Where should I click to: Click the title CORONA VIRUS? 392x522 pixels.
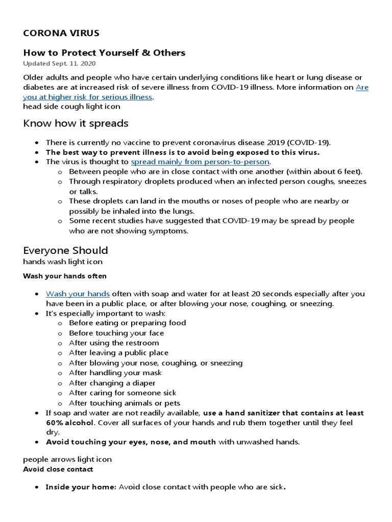pos(61,34)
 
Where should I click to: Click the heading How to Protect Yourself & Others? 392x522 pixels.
pos(104,53)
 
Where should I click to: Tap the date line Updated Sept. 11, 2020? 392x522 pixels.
pos(59,64)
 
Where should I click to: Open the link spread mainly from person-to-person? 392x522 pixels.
pos(200,162)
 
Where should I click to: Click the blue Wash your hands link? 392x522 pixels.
pos(78,294)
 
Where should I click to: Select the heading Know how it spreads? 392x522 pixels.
pos(76,123)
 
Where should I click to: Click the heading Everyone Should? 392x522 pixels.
pos(65,250)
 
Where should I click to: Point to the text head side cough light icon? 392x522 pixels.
pos(71,107)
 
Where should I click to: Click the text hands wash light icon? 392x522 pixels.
pos(63,262)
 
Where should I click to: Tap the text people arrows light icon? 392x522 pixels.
pos(67,459)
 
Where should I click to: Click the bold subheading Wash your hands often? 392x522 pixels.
pos(65,276)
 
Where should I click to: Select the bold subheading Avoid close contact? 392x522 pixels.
pos(58,469)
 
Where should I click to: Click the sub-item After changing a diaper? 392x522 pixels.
pos(112,383)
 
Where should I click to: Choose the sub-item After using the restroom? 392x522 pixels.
pos(114,343)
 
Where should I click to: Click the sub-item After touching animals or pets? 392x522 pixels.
pos(125,403)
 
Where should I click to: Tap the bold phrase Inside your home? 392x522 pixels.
pos(81,487)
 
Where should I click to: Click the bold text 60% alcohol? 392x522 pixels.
pos(70,423)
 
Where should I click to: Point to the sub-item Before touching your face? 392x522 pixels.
pos(116,333)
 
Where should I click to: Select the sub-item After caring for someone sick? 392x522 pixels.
pos(122,393)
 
